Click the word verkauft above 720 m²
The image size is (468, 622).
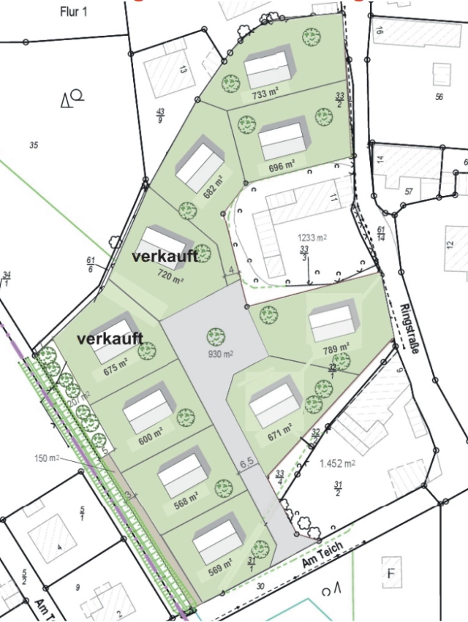(165, 257)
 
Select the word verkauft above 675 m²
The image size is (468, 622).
(110, 340)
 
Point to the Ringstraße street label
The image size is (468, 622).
(408, 329)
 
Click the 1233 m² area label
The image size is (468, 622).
(312, 238)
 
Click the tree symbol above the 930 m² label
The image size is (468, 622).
(215, 336)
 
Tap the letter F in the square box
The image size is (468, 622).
(391, 574)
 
